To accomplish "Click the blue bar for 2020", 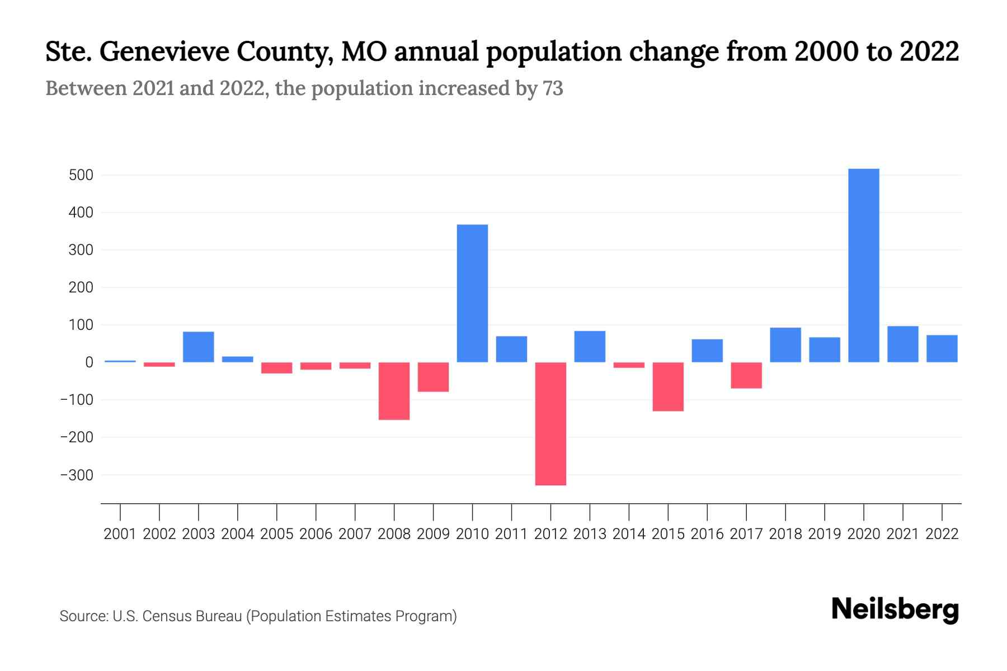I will point(863,266).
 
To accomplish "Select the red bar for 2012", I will point(550,423).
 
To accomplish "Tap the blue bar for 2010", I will point(472,293).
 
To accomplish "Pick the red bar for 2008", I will point(394,391).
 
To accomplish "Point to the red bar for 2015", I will point(668,386).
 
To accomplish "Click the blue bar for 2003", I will point(199,347).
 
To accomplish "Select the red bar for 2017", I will point(746,375).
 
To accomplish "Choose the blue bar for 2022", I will point(942,348).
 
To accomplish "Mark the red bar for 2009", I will point(433,377).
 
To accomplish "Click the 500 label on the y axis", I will point(81,176).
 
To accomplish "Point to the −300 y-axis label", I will point(77,475).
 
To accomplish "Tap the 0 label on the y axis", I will point(89,362).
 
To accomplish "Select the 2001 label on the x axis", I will point(120,534).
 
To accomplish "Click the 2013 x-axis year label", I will point(590,534).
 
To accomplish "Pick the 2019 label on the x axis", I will point(824,534).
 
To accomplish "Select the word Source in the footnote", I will point(83,616).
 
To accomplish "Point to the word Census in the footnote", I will point(165,616).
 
